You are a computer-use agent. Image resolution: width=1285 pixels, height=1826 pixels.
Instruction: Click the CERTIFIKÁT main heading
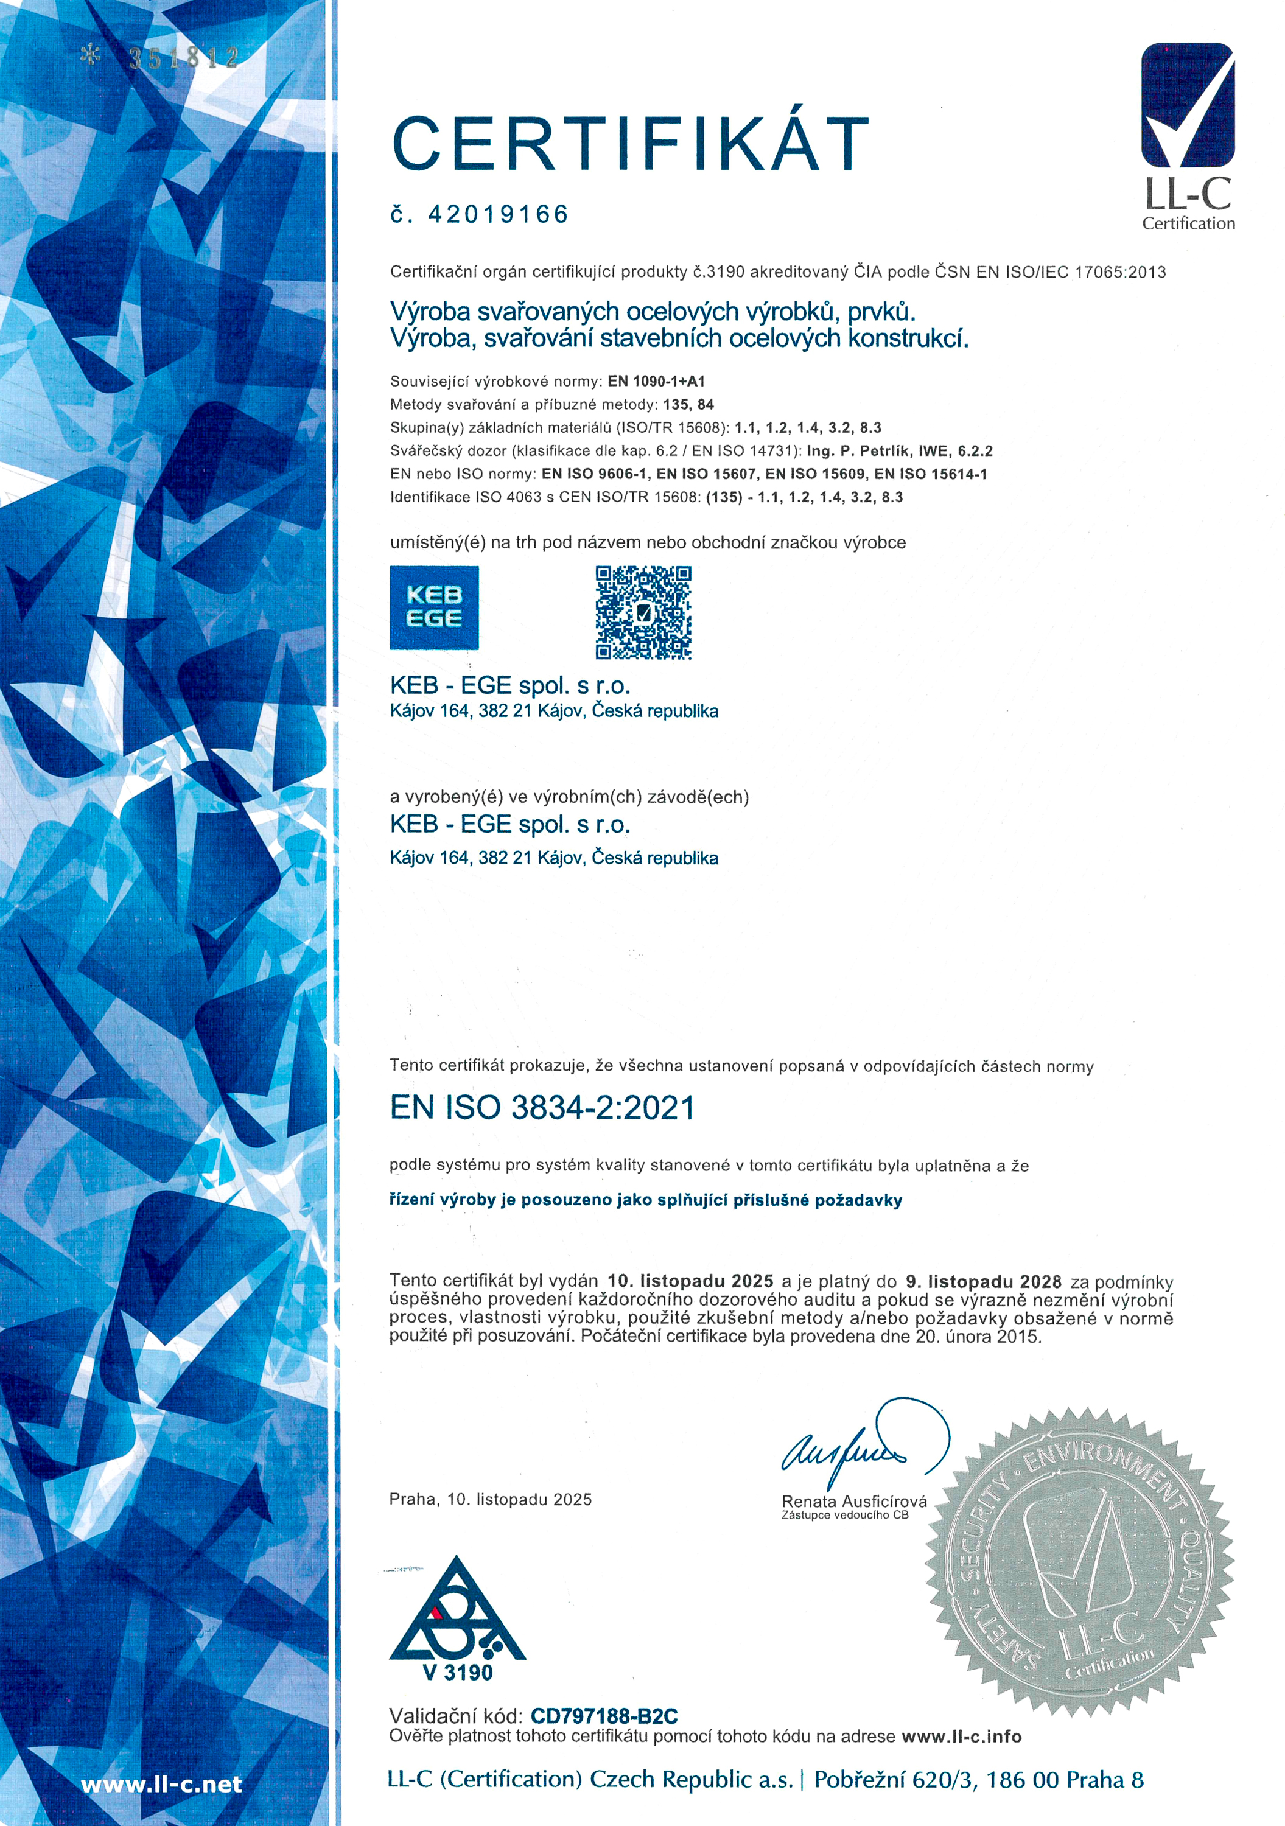[x=631, y=143]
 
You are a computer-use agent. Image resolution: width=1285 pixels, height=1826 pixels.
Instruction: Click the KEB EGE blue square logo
[x=434, y=607]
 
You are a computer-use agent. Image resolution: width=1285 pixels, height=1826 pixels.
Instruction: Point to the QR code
[x=643, y=612]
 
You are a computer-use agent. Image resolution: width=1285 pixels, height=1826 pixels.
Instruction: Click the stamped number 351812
[x=183, y=57]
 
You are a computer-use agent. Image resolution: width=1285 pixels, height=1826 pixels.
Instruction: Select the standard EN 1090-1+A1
[x=656, y=381]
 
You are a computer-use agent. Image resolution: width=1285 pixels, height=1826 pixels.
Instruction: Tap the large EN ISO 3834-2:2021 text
[x=542, y=1108]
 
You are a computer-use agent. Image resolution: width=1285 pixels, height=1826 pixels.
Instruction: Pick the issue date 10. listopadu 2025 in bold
[x=690, y=1281]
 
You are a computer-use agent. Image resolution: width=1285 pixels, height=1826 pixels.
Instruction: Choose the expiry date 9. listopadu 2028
[x=984, y=1281]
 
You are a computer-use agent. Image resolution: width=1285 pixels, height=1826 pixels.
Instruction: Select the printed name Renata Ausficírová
[x=854, y=1502]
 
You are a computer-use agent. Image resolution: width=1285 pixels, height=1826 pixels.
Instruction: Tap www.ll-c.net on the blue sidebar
[x=161, y=1785]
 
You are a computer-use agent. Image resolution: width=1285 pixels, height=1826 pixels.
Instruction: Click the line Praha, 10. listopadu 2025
[x=491, y=1499]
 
